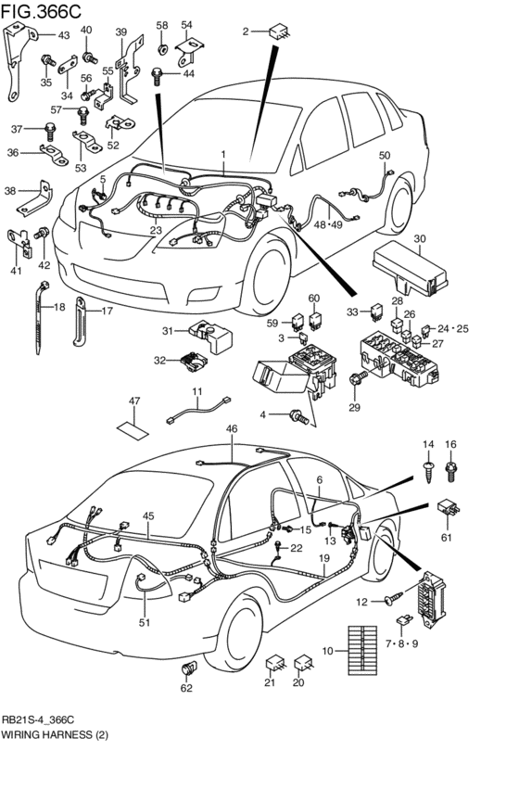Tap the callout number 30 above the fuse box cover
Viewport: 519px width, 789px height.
(x=420, y=238)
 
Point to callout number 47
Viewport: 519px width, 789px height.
(x=134, y=401)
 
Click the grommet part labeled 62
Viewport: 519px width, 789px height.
(x=192, y=667)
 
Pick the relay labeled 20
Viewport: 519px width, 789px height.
(x=302, y=664)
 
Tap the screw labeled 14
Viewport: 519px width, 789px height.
(x=428, y=469)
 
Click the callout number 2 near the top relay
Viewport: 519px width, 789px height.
(x=247, y=32)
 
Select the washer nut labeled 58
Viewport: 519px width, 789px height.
(x=162, y=45)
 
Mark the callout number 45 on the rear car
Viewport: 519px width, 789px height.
(x=147, y=516)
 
